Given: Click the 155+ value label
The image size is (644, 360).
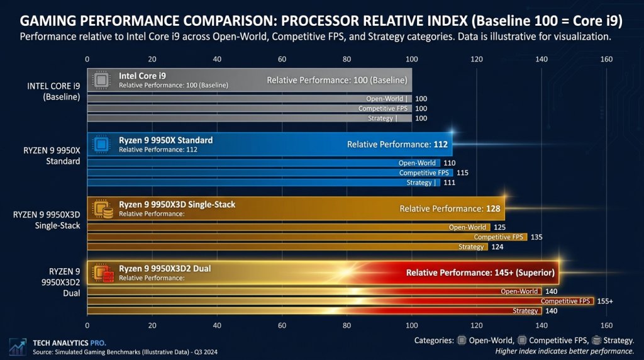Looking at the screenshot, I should (604, 301).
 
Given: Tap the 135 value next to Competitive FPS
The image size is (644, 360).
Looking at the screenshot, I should (536, 237).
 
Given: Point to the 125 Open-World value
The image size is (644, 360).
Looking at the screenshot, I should (499, 227).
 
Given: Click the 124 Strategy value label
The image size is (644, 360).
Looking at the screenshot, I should (496, 247).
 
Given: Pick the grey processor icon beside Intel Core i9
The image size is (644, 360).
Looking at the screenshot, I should (101, 80).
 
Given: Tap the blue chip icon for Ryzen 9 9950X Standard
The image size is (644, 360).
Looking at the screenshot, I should (101, 144).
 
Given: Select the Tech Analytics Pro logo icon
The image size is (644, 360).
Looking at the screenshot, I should (17, 346).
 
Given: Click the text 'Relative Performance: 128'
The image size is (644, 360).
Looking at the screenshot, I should (449, 208).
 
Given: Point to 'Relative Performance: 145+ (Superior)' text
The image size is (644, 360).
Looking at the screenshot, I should (480, 273).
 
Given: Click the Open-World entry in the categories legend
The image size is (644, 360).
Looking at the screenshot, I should (487, 340).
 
